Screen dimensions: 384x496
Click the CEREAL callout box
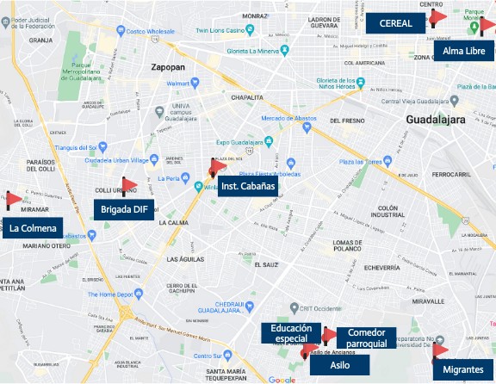[395, 23]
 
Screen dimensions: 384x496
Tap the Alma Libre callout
[464, 52]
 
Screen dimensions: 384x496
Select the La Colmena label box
[34, 229]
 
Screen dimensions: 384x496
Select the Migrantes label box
[462, 369]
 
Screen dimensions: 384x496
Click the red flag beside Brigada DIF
[129, 184]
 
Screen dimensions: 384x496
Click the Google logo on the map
[281, 379]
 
